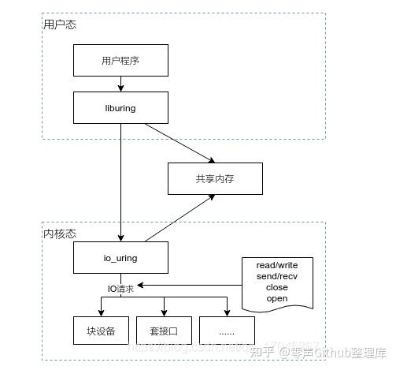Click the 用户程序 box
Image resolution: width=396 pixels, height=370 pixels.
click(x=120, y=60)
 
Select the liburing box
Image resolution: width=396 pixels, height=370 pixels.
click(x=120, y=107)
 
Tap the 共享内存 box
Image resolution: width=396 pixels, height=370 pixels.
click(x=214, y=178)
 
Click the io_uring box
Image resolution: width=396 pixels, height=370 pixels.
click(x=120, y=257)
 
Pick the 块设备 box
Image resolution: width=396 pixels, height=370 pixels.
click(x=101, y=329)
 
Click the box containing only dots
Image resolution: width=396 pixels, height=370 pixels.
click(x=227, y=329)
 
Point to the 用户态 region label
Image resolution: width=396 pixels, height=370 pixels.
click(x=60, y=25)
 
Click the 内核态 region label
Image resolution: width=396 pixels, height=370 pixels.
click(x=60, y=234)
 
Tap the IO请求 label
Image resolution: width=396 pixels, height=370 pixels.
click(x=120, y=289)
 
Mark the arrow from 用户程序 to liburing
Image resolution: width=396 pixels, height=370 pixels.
click(x=120, y=83)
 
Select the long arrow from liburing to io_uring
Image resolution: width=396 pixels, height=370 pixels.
click(x=120, y=181)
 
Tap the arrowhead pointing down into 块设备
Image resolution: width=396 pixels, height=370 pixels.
click(x=101, y=309)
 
